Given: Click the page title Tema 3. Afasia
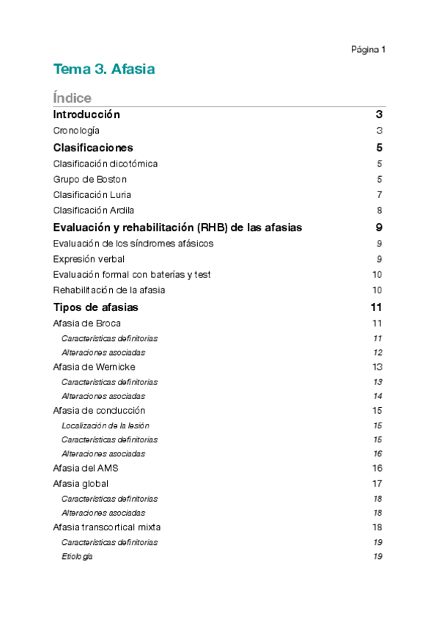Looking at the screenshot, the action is (103, 70).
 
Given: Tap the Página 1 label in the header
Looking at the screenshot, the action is (368, 50).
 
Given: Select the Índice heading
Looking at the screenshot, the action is (73, 98).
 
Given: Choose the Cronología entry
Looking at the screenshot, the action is (76, 131).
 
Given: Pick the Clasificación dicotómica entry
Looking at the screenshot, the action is (106, 164).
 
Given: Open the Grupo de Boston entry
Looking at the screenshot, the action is (90, 179).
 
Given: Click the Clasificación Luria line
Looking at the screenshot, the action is (92, 194).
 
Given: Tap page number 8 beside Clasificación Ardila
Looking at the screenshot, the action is (380, 211).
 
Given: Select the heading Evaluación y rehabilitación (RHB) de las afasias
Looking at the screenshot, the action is (177, 227).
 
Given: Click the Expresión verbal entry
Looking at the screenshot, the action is (89, 259).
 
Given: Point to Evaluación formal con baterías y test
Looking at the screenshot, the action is (132, 274).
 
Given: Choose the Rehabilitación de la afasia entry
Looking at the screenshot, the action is (109, 290).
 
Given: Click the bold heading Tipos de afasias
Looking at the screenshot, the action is (96, 307).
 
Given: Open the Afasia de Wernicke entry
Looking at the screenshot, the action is (95, 367).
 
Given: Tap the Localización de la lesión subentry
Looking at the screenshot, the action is (106, 425).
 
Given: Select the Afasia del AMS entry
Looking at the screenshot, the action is (86, 468).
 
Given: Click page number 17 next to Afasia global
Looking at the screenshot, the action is (377, 483).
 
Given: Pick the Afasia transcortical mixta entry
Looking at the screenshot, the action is (107, 527).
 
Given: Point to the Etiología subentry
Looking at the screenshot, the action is (77, 557).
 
